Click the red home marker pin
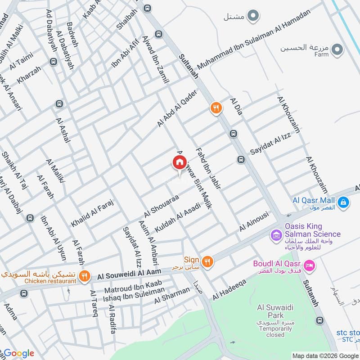click(179, 162)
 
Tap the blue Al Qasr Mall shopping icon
click(343, 203)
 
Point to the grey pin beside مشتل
click(253, 17)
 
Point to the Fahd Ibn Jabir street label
click(207, 169)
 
